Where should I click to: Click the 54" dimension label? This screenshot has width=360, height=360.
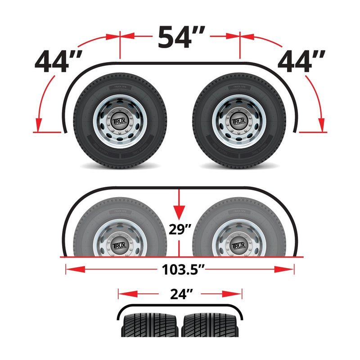181,37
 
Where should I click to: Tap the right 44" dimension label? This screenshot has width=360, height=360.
301,62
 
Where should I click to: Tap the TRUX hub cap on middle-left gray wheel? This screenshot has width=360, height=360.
120,246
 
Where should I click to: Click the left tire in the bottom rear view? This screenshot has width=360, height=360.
151,326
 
